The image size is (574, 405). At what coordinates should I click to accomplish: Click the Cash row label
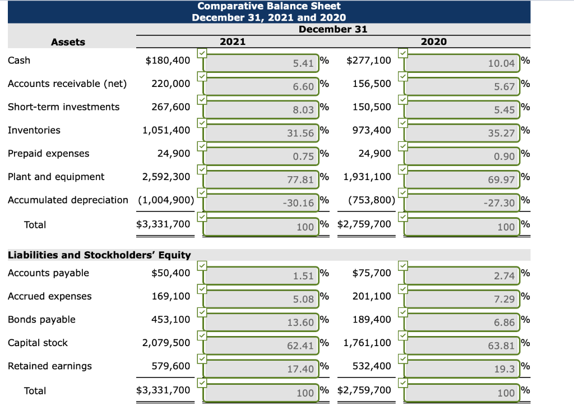19,60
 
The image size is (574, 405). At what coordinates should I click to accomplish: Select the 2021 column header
232,42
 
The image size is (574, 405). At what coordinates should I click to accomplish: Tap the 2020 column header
433,42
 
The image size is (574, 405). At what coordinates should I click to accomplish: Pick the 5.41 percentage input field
261,63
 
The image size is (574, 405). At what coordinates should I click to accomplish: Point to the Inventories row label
34,130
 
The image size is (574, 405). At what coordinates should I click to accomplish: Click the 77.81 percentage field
261,180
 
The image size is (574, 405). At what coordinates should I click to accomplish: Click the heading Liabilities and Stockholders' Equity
99,255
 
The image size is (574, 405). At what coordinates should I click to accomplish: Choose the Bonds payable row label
41,320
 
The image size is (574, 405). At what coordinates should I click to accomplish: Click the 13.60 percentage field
261,323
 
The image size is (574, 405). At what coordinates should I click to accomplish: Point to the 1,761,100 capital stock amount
367,343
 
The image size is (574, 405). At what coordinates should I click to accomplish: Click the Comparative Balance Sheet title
269,6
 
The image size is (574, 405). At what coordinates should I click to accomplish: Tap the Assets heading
68,42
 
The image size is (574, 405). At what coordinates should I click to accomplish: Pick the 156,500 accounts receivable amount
372,84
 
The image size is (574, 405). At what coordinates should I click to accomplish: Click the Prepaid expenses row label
48,154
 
